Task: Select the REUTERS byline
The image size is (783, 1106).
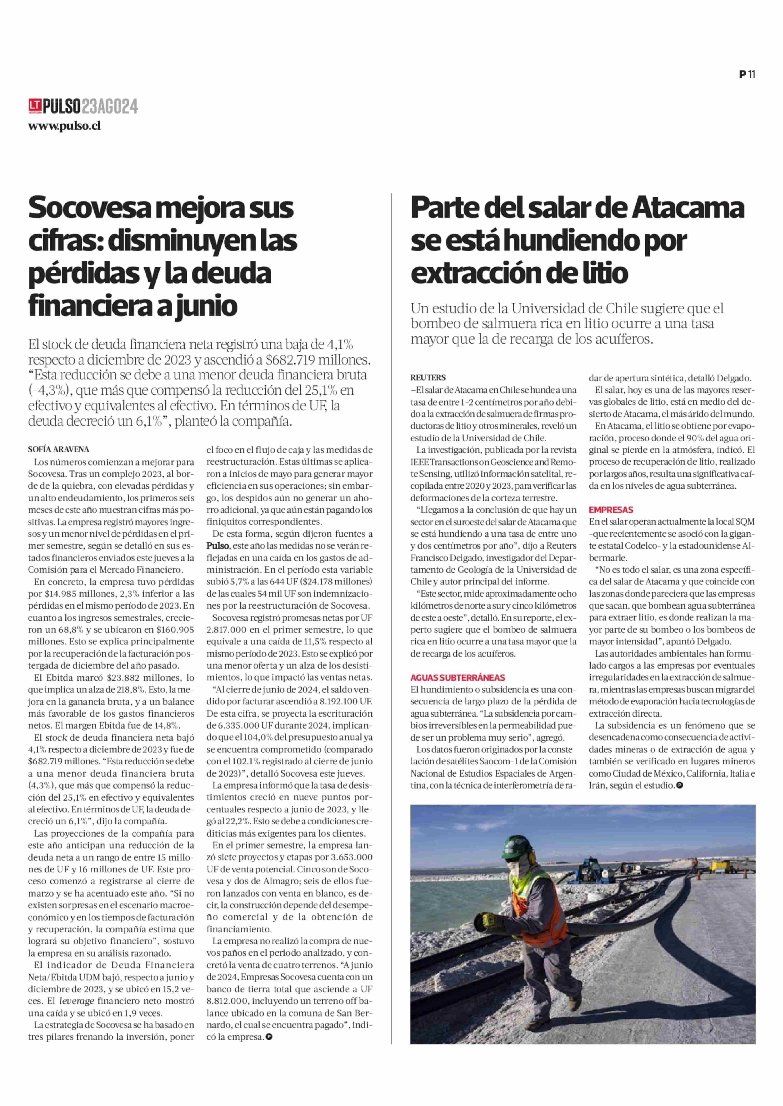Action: coord(428,378)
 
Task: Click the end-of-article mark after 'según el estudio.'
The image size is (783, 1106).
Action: coord(679,785)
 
